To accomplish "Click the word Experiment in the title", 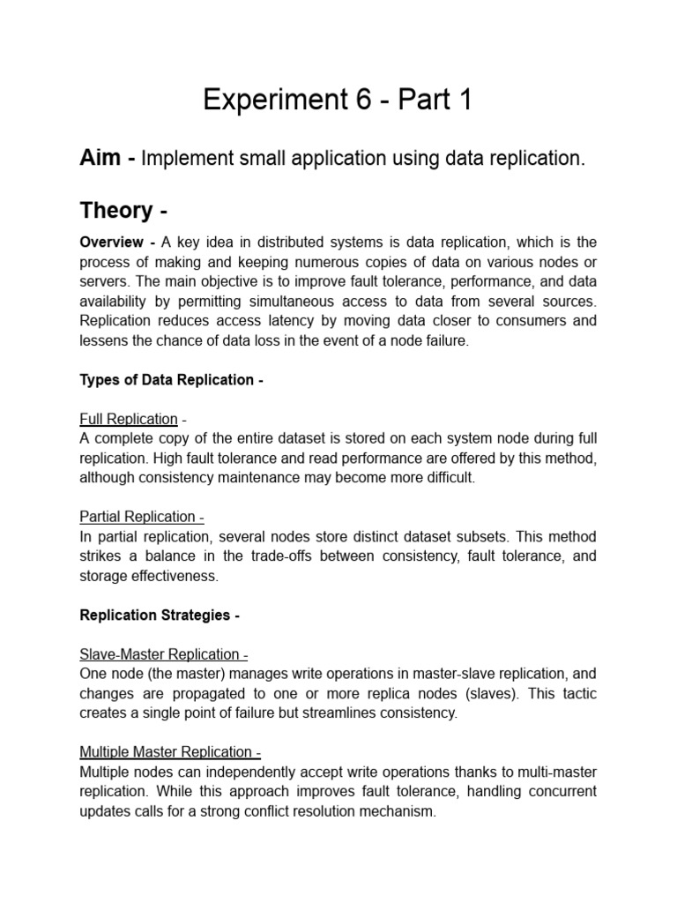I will tap(272, 101).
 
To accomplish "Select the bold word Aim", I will tap(100, 159).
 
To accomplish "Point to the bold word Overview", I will tap(112, 243).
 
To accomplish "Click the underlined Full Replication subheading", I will tap(129, 419).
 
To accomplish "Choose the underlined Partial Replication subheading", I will tap(138, 517).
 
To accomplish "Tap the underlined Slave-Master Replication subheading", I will tap(160, 654).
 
